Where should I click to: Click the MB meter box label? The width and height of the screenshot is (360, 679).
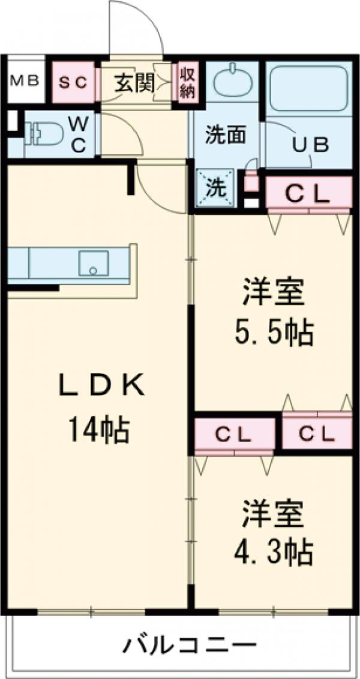click(x=25, y=80)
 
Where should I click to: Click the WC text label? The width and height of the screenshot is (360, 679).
click(x=79, y=133)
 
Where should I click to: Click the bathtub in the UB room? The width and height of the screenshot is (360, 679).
click(x=307, y=88)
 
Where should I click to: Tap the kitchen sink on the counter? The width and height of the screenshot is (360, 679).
click(x=94, y=262)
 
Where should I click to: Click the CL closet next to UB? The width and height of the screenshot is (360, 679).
click(x=307, y=192)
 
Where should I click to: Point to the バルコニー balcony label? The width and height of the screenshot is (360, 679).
click(x=190, y=646)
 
